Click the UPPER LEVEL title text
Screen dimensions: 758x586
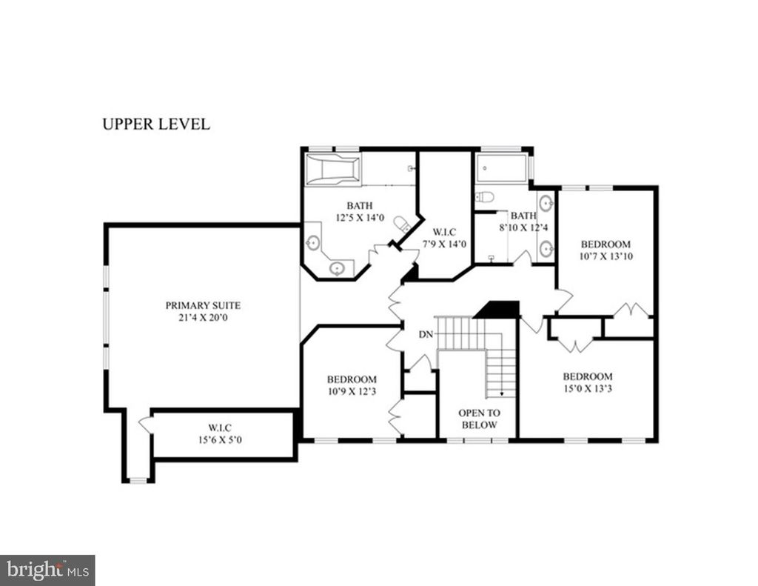click(x=156, y=124)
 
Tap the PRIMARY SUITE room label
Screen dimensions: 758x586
click(x=203, y=305)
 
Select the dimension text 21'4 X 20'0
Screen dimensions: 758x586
click(x=203, y=318)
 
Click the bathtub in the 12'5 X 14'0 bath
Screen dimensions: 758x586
click(x=333, y=170)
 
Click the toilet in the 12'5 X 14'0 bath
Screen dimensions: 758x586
click(x=402, y=224)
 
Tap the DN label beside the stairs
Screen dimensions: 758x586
click(x=426, y=334)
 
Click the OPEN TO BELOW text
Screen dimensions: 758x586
click(x=479, y=419)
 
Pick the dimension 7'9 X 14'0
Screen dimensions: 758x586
click(x=445, y=244)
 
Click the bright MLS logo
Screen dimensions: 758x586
click(x=47, y=570)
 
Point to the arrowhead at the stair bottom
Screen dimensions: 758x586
click(x=501, y=394)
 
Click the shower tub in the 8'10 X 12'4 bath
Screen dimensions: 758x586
click(x=501, y=168)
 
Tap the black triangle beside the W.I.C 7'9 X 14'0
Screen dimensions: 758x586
click(x=412, y=274)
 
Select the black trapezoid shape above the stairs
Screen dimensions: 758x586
click(x=497, y=309)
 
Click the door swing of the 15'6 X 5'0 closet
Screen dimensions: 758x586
click(x=146, y=424)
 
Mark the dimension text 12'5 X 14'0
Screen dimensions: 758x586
click(x=360, y=218)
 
